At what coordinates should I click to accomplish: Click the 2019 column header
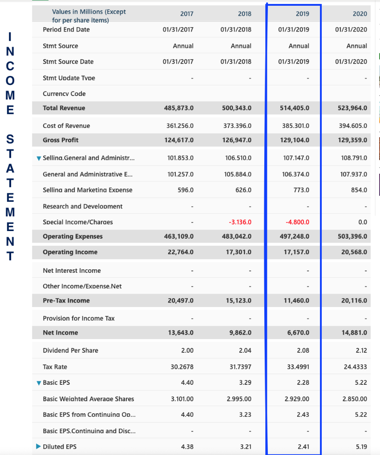[302, 14]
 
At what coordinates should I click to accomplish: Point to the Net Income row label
[60, 332]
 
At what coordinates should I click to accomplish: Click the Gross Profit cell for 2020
[352, 140]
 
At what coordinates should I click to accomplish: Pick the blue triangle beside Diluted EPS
[38, 447]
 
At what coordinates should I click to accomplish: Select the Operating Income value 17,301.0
[239, 252]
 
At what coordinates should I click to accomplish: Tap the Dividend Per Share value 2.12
[361, 350]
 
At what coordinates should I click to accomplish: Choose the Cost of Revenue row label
[66, 126]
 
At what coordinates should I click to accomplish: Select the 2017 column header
[187, 14]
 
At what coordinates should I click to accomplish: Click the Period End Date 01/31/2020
[352, 29]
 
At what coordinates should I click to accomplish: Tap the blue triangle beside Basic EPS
[38, 383]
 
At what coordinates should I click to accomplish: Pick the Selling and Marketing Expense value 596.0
[186, 190]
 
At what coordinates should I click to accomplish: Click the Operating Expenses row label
[73, 236]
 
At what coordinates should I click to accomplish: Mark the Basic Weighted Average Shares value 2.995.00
[239, 399]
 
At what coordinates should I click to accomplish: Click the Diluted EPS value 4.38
[187, 447]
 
